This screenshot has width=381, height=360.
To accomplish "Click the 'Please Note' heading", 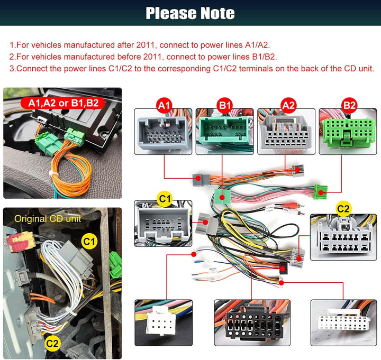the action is [x=190, y=13].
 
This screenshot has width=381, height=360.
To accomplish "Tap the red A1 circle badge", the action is [x=164, y=105].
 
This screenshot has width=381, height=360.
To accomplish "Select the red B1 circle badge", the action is [x=225, y=105].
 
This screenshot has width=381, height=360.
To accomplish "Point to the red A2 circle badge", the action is [x=288, y=105].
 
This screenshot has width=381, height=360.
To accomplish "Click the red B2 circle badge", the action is [x=349, y=105].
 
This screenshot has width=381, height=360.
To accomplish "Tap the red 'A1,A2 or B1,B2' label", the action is [x=63, y=103].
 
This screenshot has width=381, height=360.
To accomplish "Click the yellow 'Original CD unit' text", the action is [x=48, y=219].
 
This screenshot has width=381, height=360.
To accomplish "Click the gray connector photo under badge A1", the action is [x=163, y=132].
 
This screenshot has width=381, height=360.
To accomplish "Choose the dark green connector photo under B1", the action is [x=224, y=132].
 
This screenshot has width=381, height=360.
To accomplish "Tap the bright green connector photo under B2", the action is [x=348, y=132].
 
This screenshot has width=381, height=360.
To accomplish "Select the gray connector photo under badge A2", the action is [x=286, y=132].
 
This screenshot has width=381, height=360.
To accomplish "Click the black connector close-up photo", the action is [x=252, y=322].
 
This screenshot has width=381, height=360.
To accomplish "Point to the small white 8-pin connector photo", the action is [x=164, y=322].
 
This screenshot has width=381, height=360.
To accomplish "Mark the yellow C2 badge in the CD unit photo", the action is [x=52, y=344].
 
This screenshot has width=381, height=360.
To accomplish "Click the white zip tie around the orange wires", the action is [x=52, y=173].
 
